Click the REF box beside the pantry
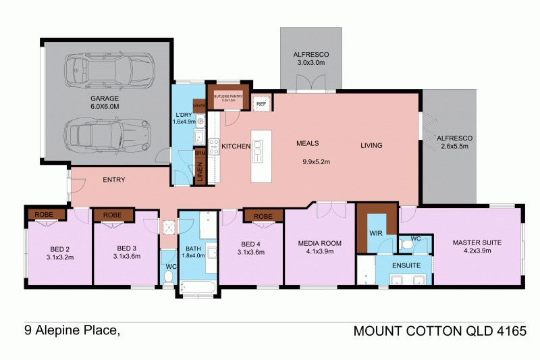(261, 104)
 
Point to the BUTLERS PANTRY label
(228, 97)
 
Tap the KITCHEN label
(236, 146)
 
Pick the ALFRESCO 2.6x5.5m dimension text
(455, 147)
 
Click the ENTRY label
(114, 180)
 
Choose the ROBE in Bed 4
(263, 216)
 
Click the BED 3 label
(127, 248)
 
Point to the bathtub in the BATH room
(198, 288)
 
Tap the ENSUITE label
(406, 265)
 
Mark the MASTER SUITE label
(476, 242)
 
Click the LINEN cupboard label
(200, 174)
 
